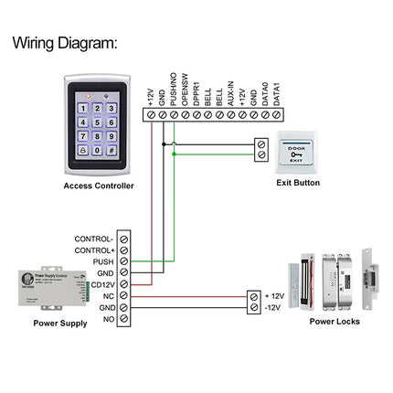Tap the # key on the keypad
[x=112, y=150]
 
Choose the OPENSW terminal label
[x=185, y=90]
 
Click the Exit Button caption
[x=298, y=183]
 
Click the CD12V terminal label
[x=102, y=284]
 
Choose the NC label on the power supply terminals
[x=109, y=296]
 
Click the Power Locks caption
[x=335, y=322]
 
